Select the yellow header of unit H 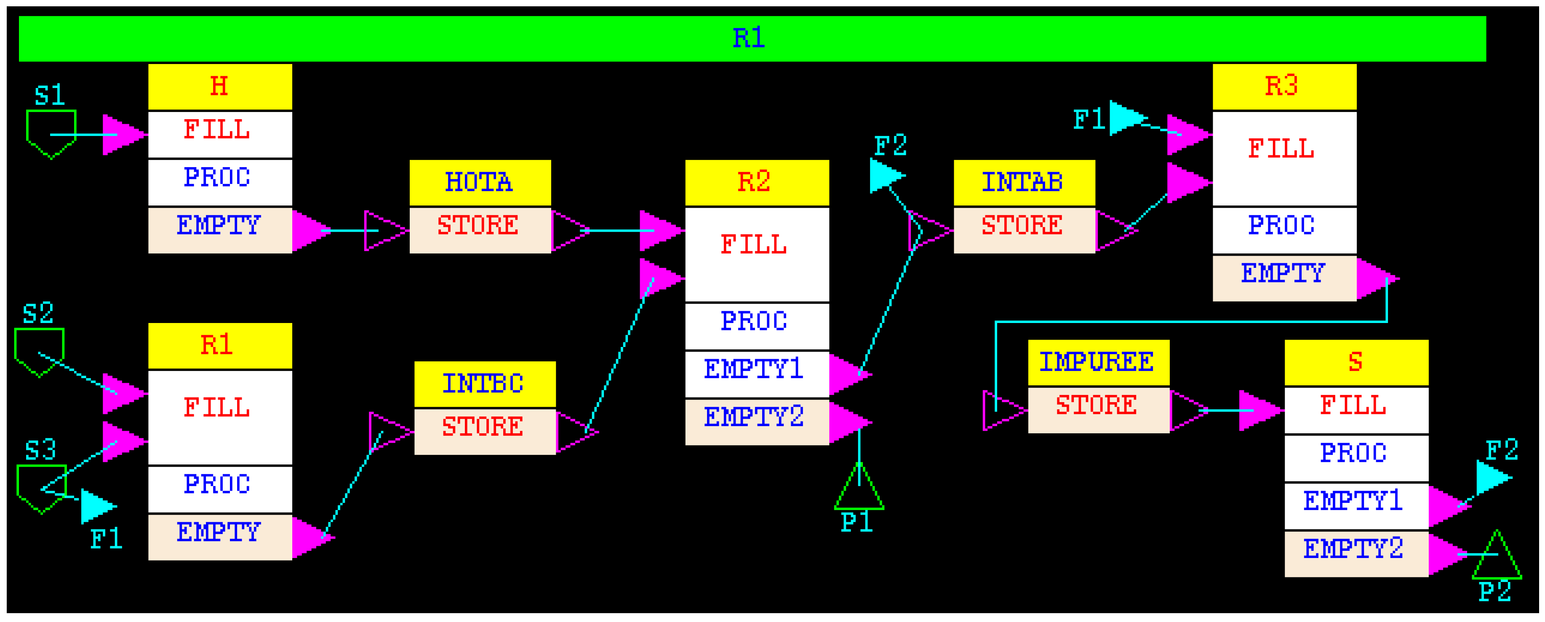(x=219, y=86)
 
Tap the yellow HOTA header (x=480, y=182)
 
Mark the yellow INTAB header (x=1024, y=182)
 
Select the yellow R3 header (x=1283, y=86)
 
